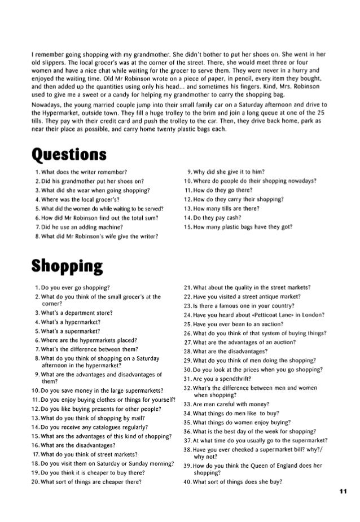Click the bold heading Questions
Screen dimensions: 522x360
click(70, 153)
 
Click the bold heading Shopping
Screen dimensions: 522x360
click(65, 266)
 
